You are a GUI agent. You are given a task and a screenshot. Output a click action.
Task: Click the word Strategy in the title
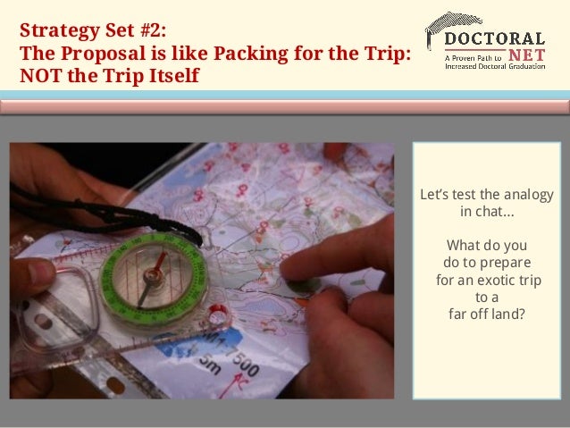60,30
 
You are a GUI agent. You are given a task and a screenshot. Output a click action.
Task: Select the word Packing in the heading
250,54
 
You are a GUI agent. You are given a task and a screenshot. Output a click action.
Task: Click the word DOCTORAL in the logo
495,38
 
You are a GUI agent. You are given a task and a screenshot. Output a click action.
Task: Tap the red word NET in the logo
527,55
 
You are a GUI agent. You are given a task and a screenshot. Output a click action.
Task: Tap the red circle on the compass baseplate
218,314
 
